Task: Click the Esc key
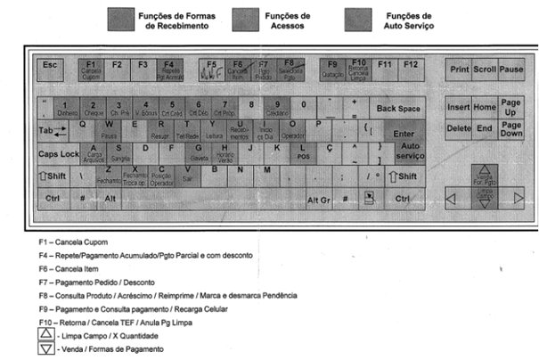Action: (x=50, y=65)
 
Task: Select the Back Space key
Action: (x=397, y=109)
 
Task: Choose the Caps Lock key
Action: (x=58, y=153)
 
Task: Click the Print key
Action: (x=459, y=69)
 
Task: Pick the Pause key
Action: (x=510, y=69)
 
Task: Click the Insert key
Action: (x=459, y=107)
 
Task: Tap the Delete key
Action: (x=459, y=128)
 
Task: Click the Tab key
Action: (x=51, y=132)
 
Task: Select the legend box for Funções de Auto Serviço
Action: (x=358, y=20)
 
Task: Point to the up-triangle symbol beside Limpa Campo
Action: (x=45, y=332)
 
